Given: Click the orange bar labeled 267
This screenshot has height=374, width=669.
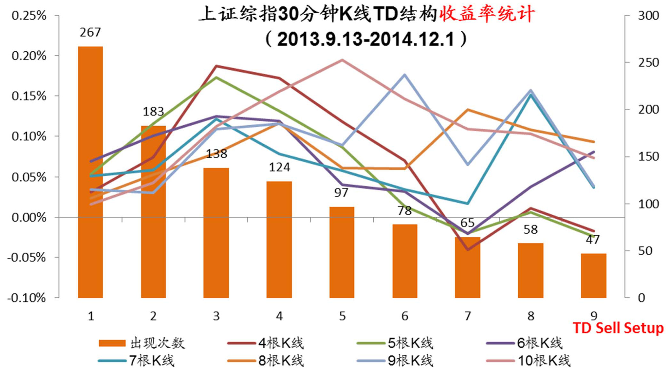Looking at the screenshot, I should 90,172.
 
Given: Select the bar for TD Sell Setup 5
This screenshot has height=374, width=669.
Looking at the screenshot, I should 342,252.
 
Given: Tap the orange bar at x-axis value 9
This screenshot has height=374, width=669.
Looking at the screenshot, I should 593,275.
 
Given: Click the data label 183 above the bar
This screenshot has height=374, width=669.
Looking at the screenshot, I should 153,112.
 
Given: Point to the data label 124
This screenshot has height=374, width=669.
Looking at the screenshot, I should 279,167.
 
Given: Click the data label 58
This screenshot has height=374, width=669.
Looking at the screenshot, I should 530,230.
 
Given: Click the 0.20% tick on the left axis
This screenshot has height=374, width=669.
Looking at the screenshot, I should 29,56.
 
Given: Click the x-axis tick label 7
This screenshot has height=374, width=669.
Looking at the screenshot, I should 468,316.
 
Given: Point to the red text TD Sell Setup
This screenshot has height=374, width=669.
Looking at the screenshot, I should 618,328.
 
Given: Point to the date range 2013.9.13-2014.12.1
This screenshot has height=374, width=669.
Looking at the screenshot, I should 365,40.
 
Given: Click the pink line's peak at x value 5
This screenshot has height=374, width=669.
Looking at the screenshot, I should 342,60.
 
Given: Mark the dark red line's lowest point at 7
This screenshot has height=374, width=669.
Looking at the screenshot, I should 468,250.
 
